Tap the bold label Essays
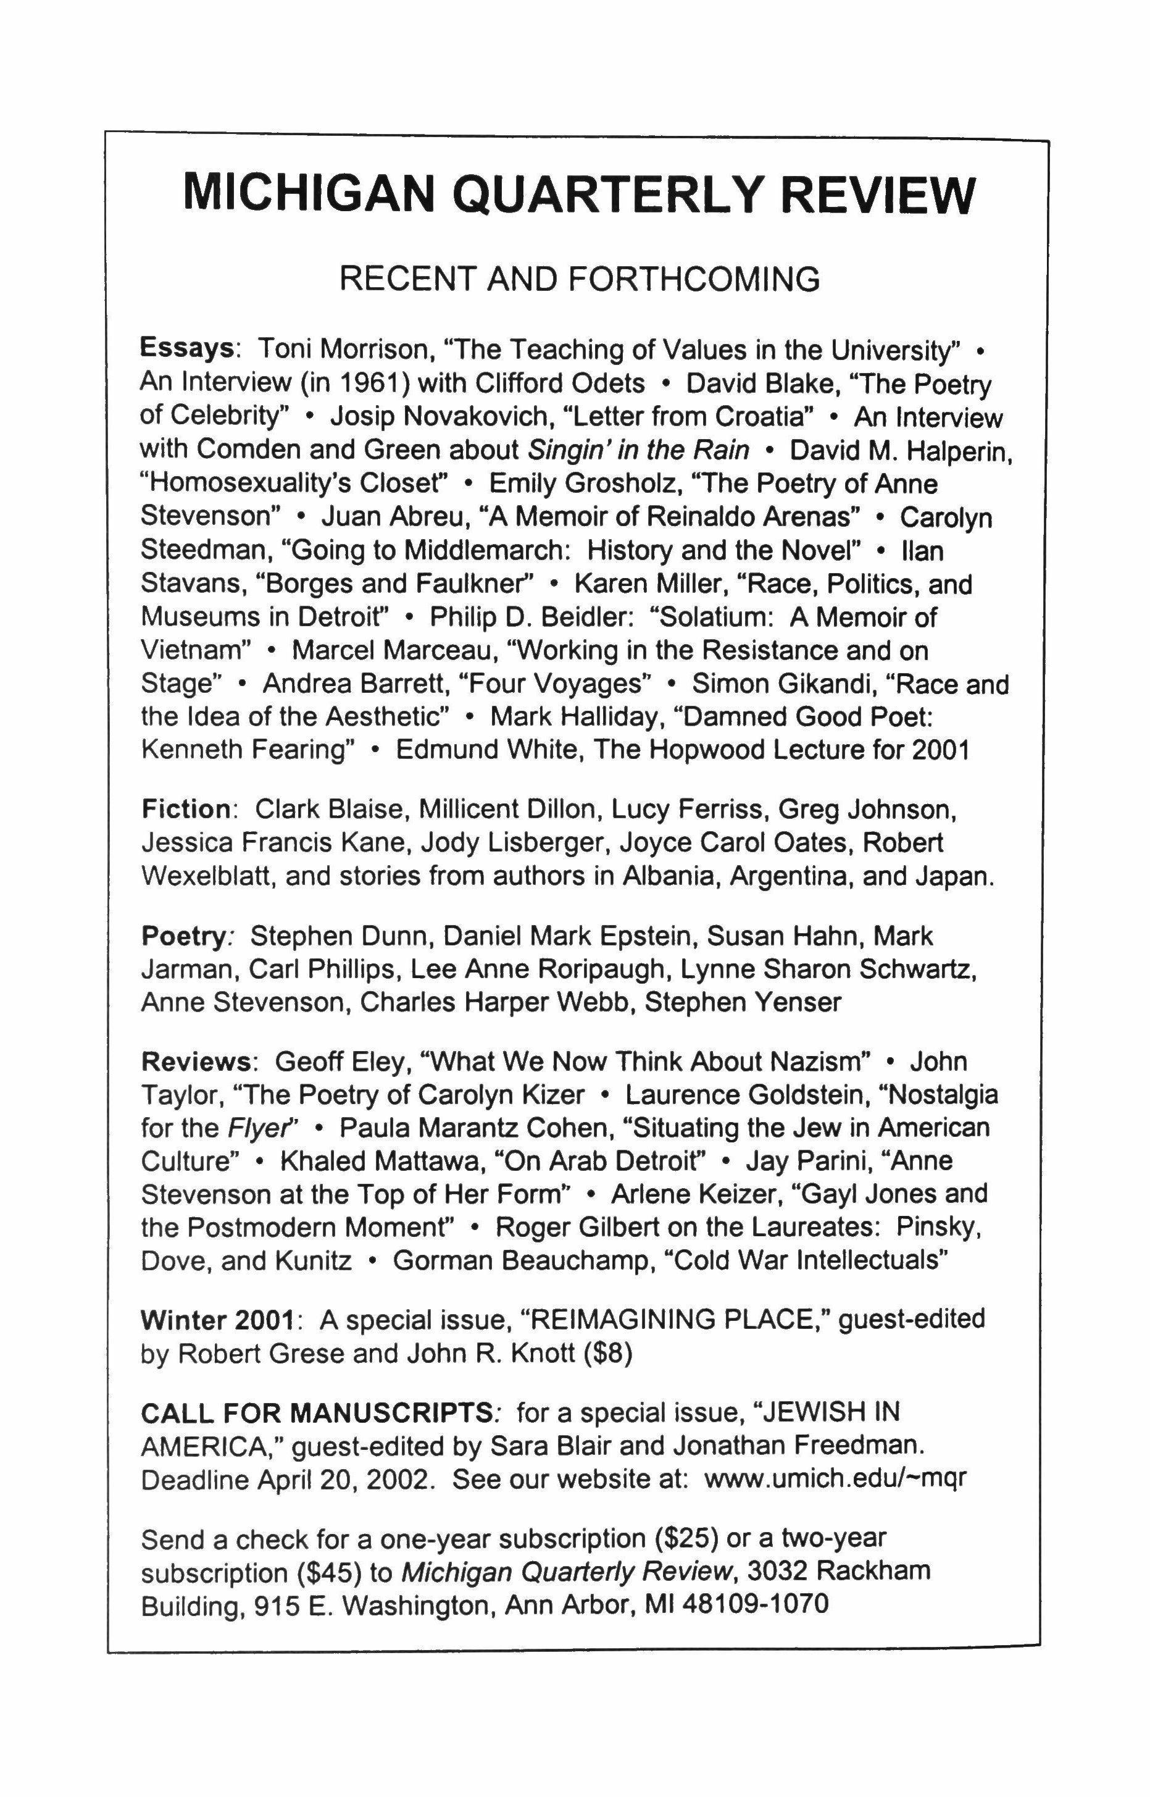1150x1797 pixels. pos(186,350)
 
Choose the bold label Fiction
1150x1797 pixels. pos(186,809)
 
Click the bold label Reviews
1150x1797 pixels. pos(196,1062)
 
